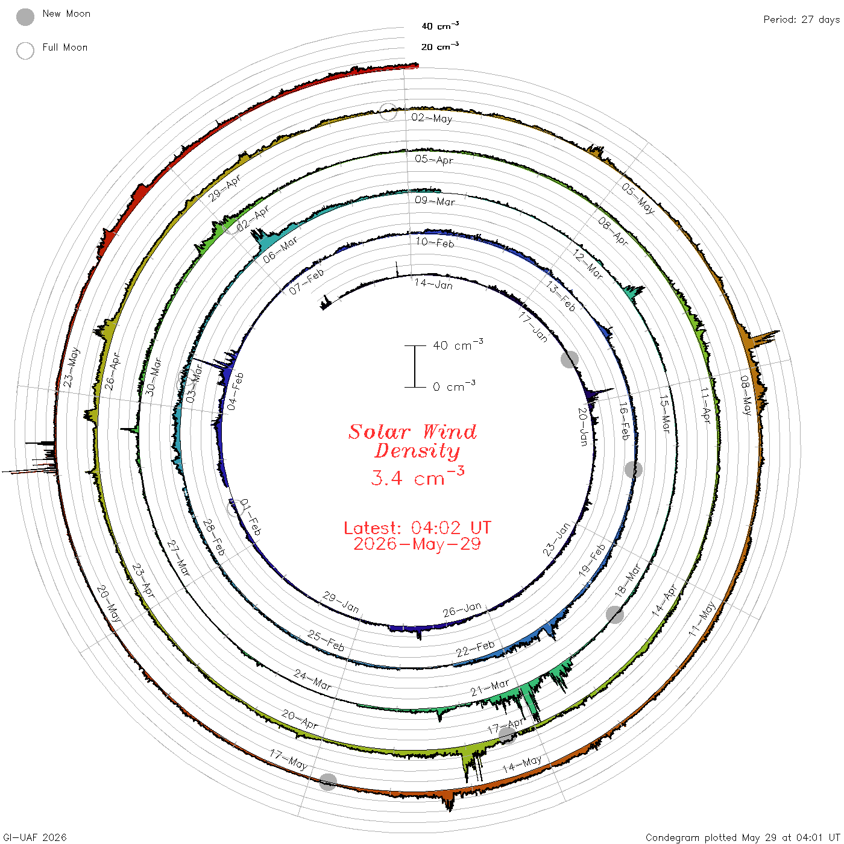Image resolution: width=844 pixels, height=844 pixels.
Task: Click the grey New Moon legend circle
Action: tap(25, 17)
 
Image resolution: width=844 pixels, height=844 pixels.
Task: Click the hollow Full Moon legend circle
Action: tap(25, 51)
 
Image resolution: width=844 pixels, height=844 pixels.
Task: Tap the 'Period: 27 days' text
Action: tap(801, 20)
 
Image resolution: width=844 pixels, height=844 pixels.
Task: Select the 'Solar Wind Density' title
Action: tap(412, 441)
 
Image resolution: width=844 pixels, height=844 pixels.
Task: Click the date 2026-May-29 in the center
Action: tap(417, 544)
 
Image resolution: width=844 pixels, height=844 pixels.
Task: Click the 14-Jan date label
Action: tap(433, 284)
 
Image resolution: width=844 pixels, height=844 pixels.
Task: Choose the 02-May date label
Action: tap(432, 118)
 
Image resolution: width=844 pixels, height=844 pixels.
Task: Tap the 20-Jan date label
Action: tap(583, 426)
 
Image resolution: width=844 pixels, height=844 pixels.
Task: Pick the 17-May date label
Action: tap(289, 760)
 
